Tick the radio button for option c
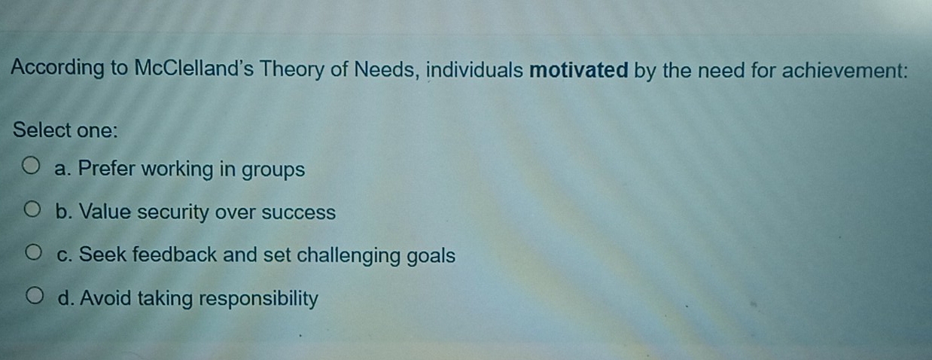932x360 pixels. tap(33, 252)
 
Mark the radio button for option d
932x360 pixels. tap(35, 296)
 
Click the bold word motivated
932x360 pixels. tap(579, 70)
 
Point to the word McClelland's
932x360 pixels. tap(193, 69)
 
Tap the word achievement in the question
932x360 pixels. tap(845, 70)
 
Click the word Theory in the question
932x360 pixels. tap(291, 69)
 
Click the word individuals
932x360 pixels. tap(475, 69)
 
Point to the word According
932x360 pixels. tap(57, 68)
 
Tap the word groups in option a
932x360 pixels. tap(273, 170)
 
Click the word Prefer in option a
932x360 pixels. tap(107, 169)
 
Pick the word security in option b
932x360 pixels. tap(172, 212)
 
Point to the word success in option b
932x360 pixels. tap(298, 212)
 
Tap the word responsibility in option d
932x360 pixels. tap(258, 299)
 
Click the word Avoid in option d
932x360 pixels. tap(105, 298)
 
